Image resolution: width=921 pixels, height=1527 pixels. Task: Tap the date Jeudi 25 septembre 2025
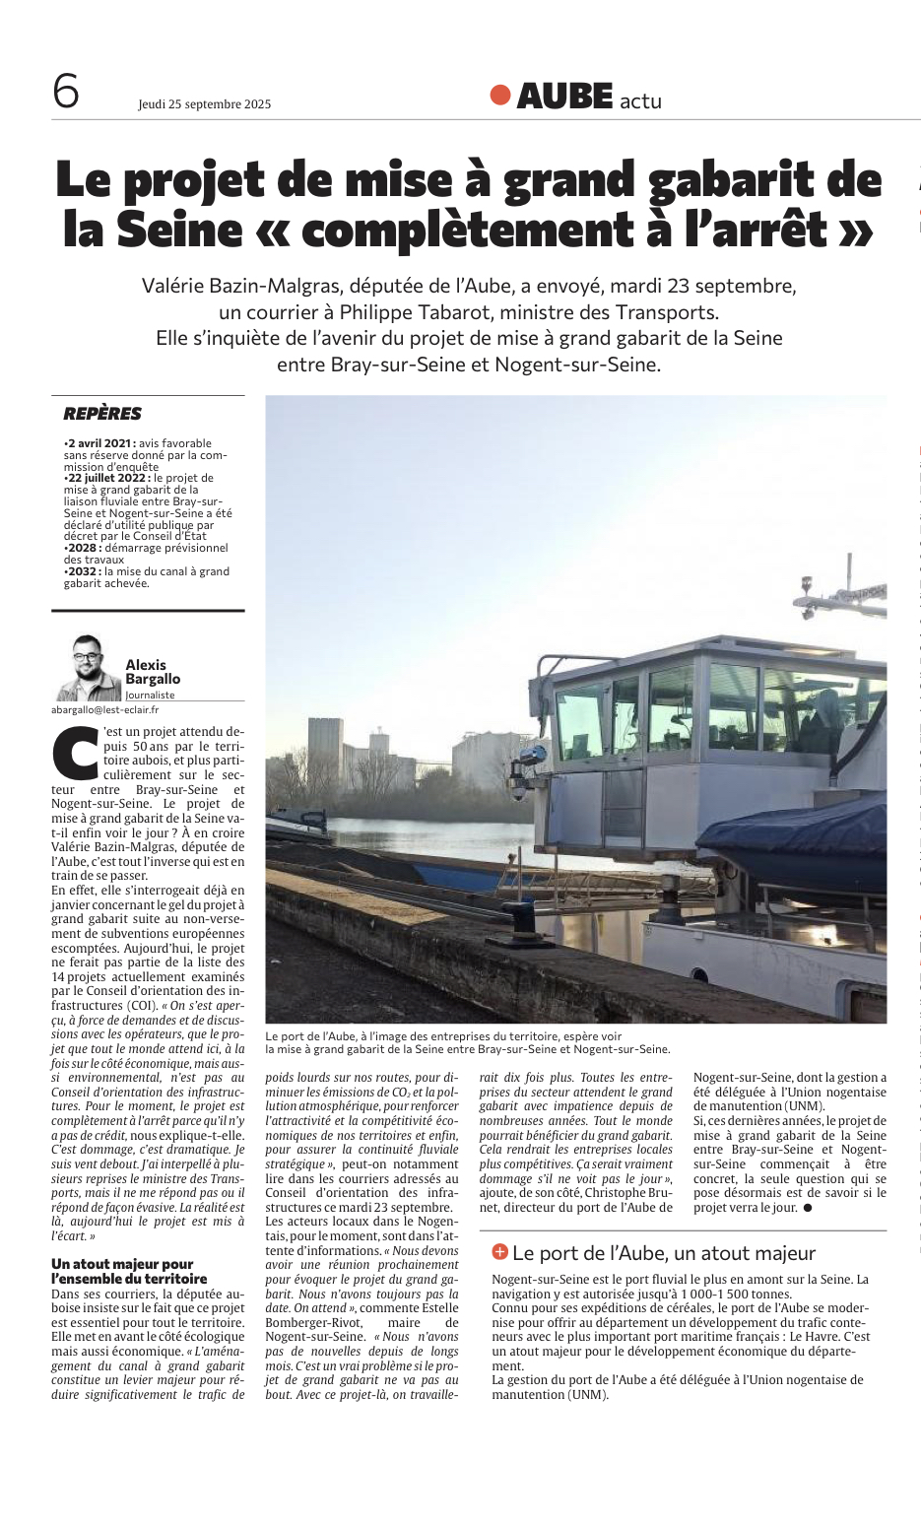click(x=204, y=103)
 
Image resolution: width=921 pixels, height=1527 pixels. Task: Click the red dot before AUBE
click(x=500, y=95)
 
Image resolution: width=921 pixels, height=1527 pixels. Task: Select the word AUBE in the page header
click(x=564, y=96)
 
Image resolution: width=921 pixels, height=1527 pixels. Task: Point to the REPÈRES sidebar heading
click(x=102, y=414)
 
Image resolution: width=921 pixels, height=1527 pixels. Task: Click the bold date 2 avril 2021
click(x=100, y=443)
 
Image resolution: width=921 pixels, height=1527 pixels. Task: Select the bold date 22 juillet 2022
click(x=106, y=478)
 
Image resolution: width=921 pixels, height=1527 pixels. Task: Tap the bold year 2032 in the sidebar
click(x=84, y=571)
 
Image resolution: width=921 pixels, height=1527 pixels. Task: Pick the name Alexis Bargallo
click(x=153, y=672)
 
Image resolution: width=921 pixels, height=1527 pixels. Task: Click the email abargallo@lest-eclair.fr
click(x=105, y=709)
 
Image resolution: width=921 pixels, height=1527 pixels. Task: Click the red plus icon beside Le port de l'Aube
click(x=499, y=1251)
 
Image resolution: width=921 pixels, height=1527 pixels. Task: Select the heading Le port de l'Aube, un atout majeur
click(x=663, y=1253)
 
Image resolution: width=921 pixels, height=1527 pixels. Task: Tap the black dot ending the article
click(x=808, y=1208)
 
